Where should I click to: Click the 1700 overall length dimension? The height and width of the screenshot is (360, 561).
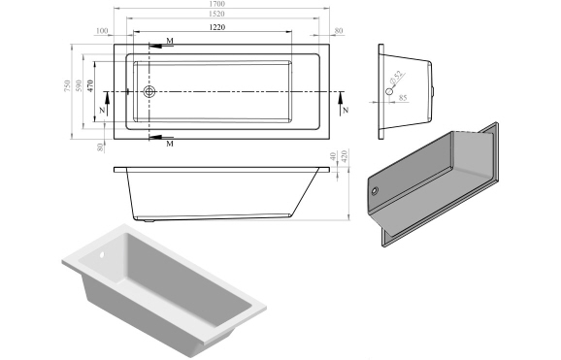click(225, 6)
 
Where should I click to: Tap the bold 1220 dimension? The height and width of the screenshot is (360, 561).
click(218, 30)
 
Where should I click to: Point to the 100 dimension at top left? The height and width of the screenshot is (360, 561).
click(103, 31)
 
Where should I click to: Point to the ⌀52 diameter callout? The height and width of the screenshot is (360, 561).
click(397, 77)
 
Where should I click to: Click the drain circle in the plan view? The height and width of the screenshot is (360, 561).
click(150, 93)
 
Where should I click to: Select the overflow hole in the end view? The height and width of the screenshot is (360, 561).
click(389, 91)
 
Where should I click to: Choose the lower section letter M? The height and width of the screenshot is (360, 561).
click(170, 144)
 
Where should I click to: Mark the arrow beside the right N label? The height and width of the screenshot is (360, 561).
click(342, 99)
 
